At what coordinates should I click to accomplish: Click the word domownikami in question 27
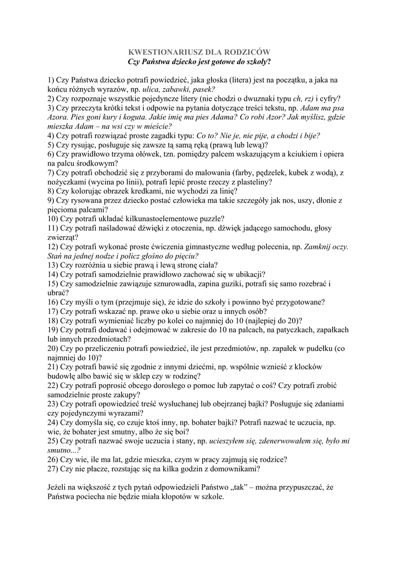(234, 470)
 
